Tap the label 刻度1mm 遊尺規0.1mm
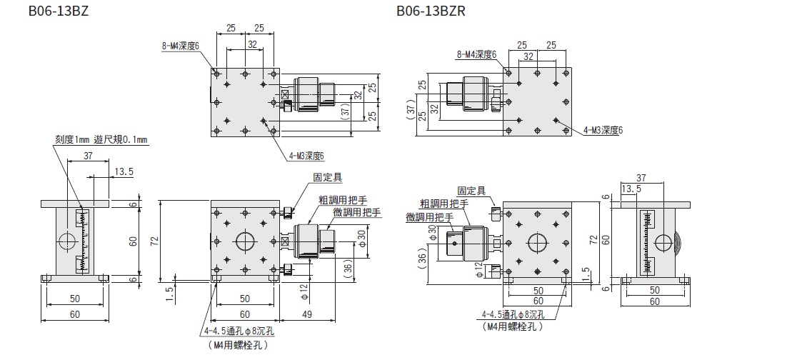coord(100,140)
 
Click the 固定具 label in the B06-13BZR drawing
coord(471,191)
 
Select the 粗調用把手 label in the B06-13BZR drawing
coord(443,204)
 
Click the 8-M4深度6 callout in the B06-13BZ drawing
coord(181,45)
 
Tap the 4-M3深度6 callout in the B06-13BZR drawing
coord(603,130)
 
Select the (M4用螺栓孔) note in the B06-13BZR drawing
coord(511,326)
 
